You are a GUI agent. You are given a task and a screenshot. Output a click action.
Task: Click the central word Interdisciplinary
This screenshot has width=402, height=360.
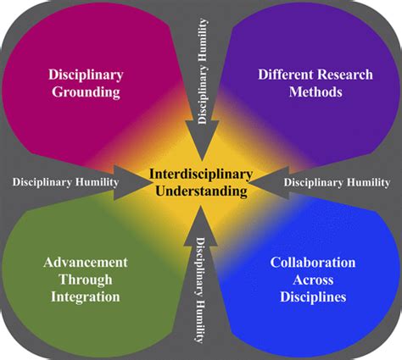[x=201, y=174]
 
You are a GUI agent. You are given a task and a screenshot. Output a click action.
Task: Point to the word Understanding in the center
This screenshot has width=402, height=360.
[x=201, y=191]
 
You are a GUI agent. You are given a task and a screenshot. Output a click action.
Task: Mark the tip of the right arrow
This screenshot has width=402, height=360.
[x=257, y=180]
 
